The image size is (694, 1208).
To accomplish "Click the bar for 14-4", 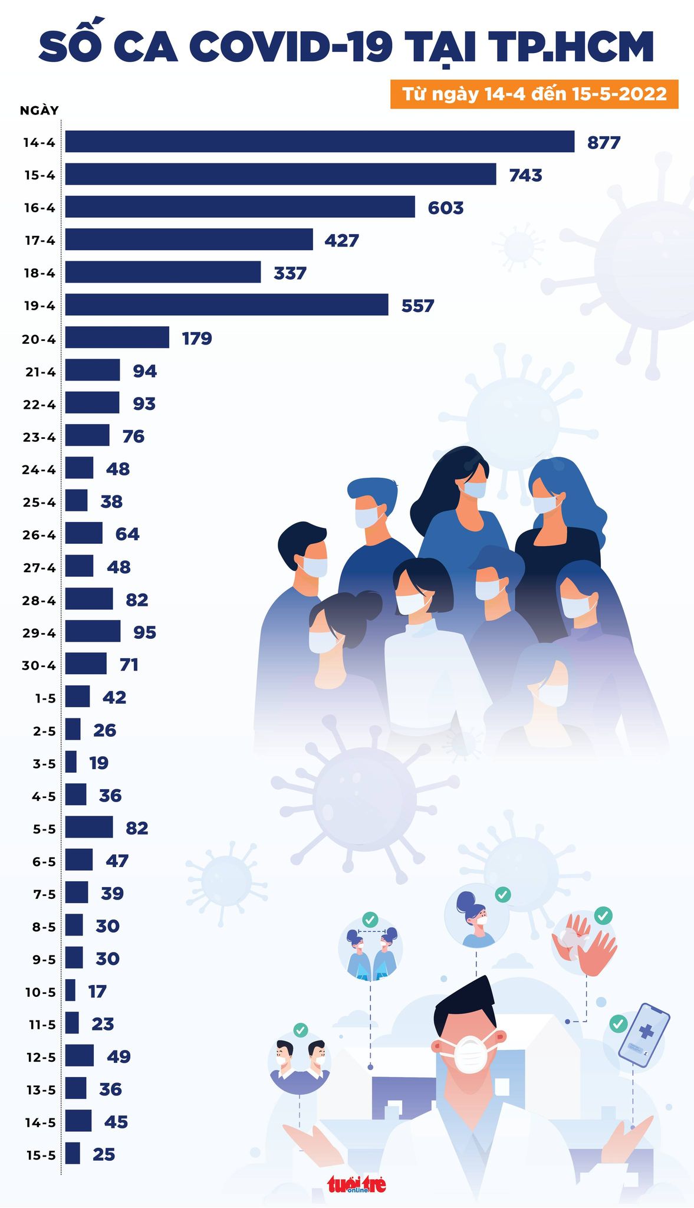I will tap(320, 142).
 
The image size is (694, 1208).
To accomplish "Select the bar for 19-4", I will tap(226, 305).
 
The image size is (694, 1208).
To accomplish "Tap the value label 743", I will tap(525, 175).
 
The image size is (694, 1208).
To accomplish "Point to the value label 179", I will tap(197, 339).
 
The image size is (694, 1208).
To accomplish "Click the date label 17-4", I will tap(40, 241).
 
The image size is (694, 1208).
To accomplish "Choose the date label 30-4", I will tap(38, 665).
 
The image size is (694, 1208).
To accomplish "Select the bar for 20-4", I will tap(117, 337).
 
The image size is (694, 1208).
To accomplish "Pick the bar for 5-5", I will tap(88, 827).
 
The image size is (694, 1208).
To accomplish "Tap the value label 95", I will tap(144, 632).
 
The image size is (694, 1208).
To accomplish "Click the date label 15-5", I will tap(41, 1155).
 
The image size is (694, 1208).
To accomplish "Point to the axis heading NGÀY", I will tap(40, 110).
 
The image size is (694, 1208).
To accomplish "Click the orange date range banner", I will tap(534, 94).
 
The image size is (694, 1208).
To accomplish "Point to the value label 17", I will tap(97, 992).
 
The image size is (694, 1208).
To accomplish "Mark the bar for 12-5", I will tap(79, 1056).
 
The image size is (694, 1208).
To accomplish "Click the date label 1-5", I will tap(45, 698).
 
